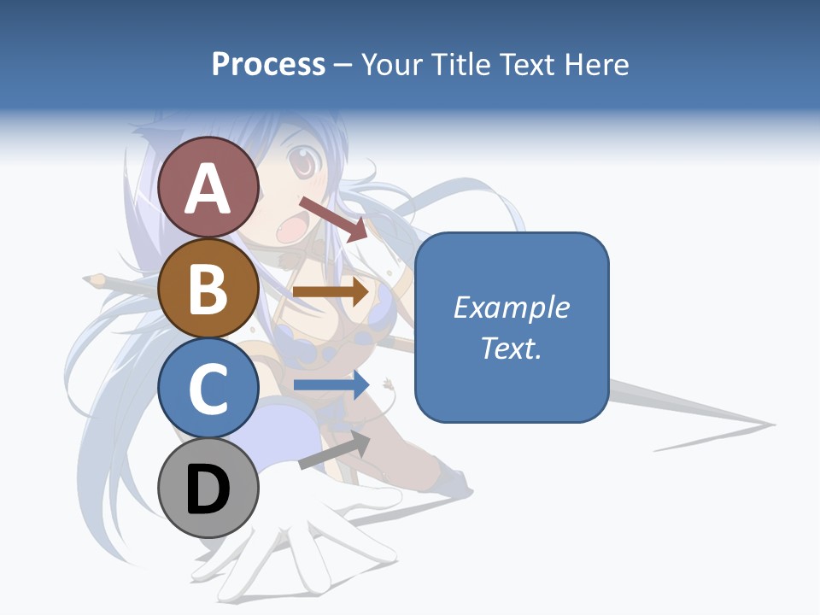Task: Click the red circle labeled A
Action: pos(208,188)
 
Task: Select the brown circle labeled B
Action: pos(208,289)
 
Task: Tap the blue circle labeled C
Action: pos(208,389)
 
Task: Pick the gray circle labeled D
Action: pos(208,489)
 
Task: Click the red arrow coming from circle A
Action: pos(333,218)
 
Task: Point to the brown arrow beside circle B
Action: pos(331,292)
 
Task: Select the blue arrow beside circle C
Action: pos(331,385)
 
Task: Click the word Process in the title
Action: pos(268,65)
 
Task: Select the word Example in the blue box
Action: pos(512,307)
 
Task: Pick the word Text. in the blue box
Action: pos(512,348)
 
